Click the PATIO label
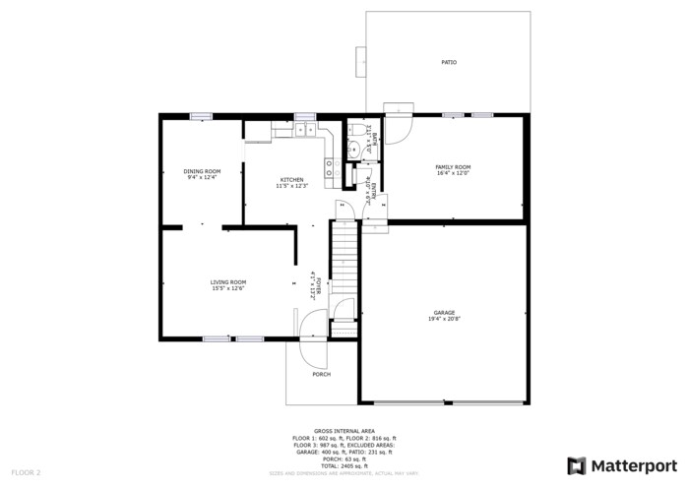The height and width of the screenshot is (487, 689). click(x=448, y=62)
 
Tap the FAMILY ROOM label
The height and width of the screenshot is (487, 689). click(x=453, y=167)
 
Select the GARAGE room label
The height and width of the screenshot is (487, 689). click(x=444, y=313)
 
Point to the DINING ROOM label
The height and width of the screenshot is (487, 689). click(x=201, y=171)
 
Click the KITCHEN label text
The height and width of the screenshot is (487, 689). click(x=291, y=179)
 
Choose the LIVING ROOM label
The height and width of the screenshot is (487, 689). click(x=227, y=282)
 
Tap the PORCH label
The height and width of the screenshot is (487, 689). click(x=321, y=374)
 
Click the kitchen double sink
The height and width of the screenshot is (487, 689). click(x=303, y=129)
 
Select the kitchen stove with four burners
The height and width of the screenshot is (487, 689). click(x=333, y=168)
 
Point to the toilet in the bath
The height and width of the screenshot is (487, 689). click(x=352, y=128)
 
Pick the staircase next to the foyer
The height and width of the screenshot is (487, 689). click(x=344, y=256)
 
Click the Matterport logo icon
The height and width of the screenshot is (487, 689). click(x=576, y=465)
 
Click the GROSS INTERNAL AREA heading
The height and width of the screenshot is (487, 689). click(x=344, y=431)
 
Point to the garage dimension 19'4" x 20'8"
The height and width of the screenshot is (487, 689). click(x=444, y=319)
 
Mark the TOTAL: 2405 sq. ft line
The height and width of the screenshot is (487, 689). click(x=344, y=465)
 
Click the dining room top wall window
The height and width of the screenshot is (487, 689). click(x=202, y=115)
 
